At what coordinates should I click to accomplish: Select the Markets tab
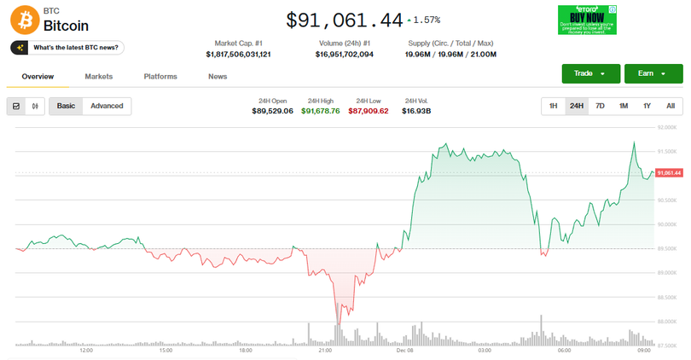click(98, 77)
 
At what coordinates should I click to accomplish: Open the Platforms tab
click(160, 77)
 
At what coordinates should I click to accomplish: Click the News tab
click(218, 77)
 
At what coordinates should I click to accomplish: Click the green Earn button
click(653, 73)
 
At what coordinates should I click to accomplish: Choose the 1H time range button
click(553, 106)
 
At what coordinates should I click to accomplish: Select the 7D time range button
click(600, 106)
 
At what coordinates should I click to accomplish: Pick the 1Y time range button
click(647, 106)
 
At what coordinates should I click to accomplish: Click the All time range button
click(671, 106)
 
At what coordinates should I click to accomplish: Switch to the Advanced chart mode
click(107, 106)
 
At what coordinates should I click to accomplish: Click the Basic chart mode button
click(66, 106)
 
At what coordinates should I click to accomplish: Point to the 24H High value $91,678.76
click(320, 111)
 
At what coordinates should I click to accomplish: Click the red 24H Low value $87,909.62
click(369, 111)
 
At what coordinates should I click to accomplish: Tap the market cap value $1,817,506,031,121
click(238, 54)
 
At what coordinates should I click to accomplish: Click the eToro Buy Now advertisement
click(587, 20)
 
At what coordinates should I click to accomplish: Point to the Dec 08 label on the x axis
click(404, 351)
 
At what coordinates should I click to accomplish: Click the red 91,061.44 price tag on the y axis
click(669, 173)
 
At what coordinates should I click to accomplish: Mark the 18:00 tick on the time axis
click(245, 351)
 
